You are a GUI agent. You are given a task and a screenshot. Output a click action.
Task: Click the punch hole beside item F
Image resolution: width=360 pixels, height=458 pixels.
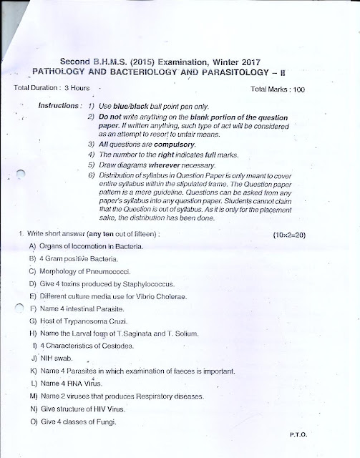tap(21, 309)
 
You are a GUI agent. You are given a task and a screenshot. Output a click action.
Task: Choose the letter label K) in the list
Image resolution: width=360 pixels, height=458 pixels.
tap(33, 371)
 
